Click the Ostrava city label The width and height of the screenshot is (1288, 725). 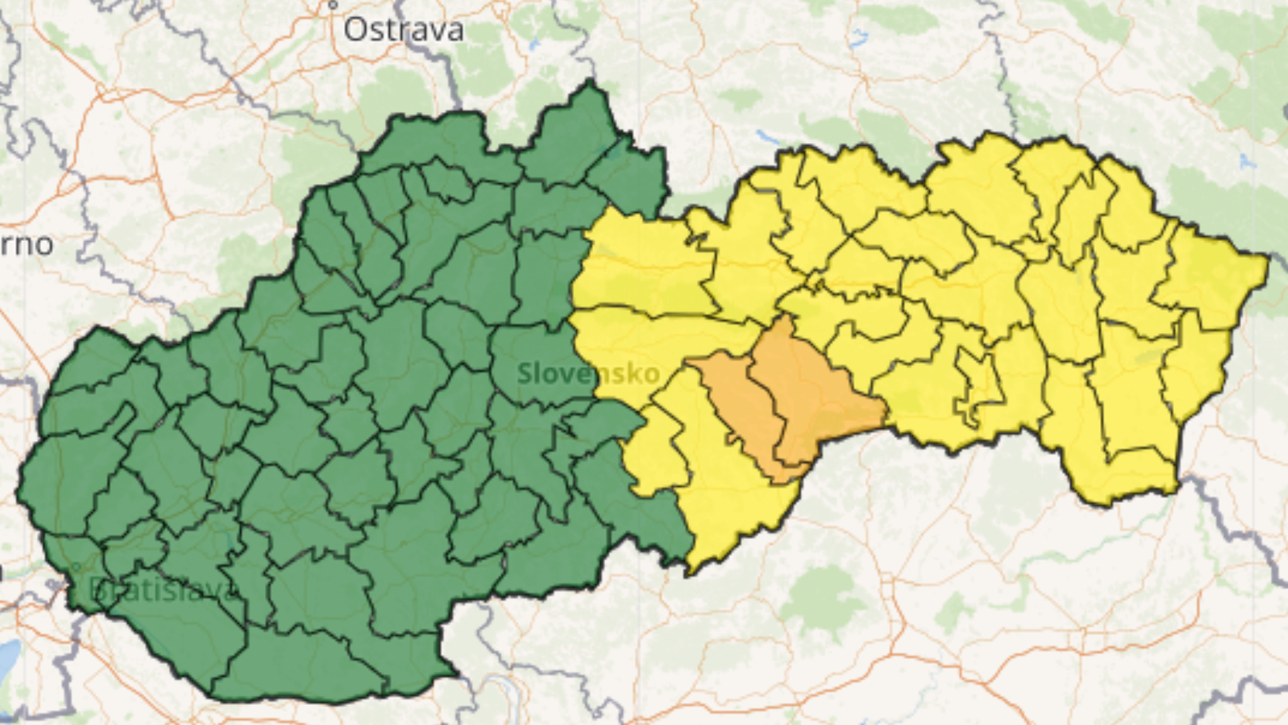[x=403, y=30]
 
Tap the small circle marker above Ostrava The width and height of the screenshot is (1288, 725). [x=332, y=5]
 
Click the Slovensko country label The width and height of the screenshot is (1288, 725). [x=588, y=373]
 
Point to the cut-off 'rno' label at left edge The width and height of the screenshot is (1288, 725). [x=27, y=245]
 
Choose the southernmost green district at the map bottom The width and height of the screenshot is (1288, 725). [x=302, y=665]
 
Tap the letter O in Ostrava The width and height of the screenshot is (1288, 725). [x=357, y=30]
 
